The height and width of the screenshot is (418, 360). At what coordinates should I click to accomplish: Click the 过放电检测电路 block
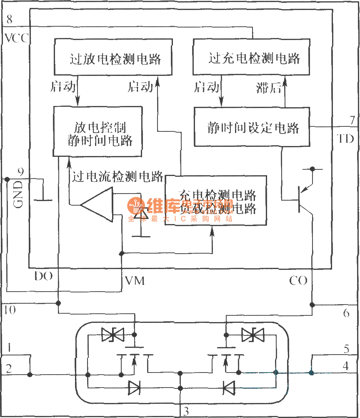click(115, 58)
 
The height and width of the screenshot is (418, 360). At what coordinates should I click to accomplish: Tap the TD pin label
click(345, 139)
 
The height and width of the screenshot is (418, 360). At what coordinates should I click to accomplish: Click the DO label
click(43, 277)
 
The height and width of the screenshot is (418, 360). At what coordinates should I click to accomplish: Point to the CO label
click(298, 281)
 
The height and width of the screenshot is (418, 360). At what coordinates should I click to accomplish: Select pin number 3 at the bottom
click(186, 411)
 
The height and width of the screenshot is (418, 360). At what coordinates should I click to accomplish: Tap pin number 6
click(346, 312)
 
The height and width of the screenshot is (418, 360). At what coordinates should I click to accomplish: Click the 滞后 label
click(268, 87)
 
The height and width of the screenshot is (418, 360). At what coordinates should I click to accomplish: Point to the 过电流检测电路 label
click(117, 176)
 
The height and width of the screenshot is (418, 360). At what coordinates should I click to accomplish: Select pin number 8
click(9, 19)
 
